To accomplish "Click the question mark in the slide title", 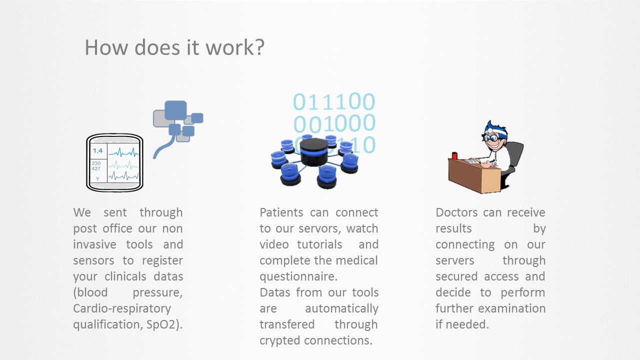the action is pyautogui.click(x=258, y=47).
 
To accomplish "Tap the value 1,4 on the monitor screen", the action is pyautogui.click(x=97, y=150).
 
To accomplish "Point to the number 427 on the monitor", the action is pyautogui.click(x=96, y=168).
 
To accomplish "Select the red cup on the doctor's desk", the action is pyautogui.click(x=454, y=155).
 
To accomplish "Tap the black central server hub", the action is pyautogui.click(x=314, y=152).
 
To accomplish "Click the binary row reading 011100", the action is pyautogui.click(x=334, y=101).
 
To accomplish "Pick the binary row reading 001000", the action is pyautogui.click(x=334, y=123).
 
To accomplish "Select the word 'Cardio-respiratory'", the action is pyautogui.click(x=122, y=309).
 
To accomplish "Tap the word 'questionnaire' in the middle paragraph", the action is pyautogui.click(x=296, y=276).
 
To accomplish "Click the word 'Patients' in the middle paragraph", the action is pyautogui.click(x=281, y=212).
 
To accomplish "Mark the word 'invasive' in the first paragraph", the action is pyautogui.click(x=95, y=244).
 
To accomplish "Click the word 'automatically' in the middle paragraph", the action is pyautogui.click(x=341, y=309).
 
